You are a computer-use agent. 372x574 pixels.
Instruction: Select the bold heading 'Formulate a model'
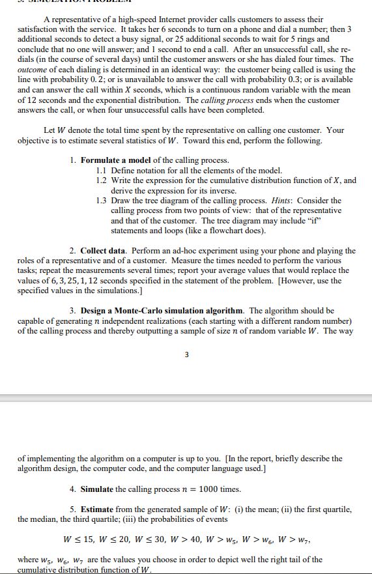coord(115,160)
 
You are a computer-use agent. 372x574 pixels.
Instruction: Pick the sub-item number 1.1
coord(101,170)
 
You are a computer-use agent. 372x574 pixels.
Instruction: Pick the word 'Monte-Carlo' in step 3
coord(166,311)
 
